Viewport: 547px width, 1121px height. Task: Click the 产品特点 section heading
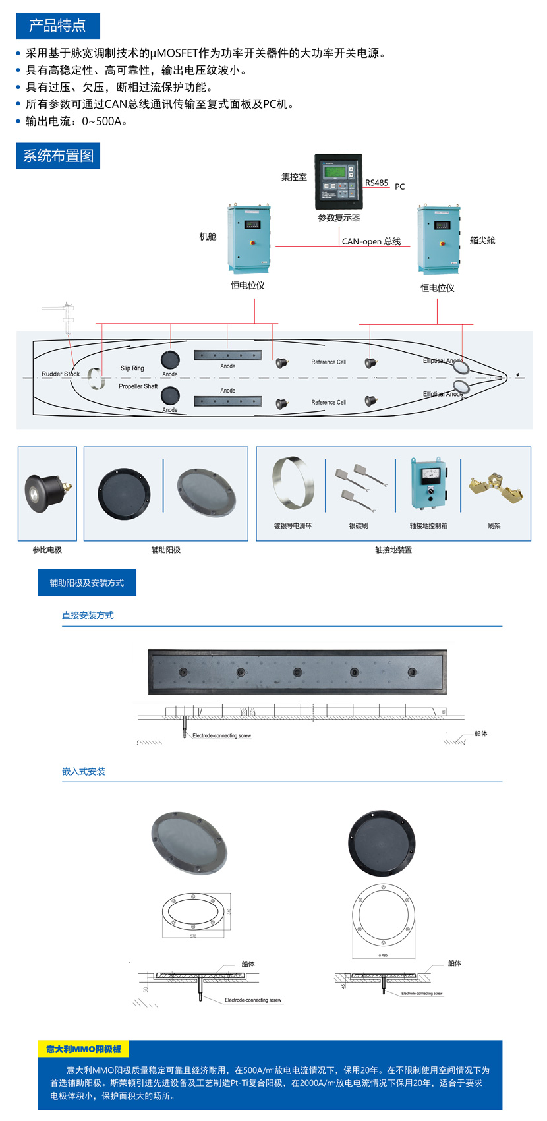pyautogui.click(x=57, y=26)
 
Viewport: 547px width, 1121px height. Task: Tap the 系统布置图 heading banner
pyautogui.click(x=58, y=156)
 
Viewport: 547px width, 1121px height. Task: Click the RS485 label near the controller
pyautogui.click(x=377, y=183)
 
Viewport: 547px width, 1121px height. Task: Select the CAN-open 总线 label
pyautogui.click(x=371, y=241)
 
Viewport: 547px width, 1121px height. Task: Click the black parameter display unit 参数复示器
pyautogui.click(x=338, y=182)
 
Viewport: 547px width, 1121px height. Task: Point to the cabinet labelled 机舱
pyautogui.click(x=248, y=239)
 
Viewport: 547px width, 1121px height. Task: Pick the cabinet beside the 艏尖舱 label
pyautogui.click(x=438, y=239)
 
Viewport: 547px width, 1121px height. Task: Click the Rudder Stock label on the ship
pyautogui.click(x=61, y=374)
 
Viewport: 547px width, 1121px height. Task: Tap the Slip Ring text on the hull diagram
pyautogui.click(x=132, y=368)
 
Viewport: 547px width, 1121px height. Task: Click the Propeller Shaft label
pyautogui.click(x=138, y=386)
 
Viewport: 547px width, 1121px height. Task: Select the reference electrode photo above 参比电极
pyautogui.click(x=46, y=492)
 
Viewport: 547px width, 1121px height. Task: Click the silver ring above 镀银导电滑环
pyautogui.click(x=293, y=484)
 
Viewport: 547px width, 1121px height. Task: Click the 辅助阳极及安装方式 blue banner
pyautogui.click(x=87, y=583)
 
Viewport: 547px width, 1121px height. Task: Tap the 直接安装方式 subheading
pyautogui.click(x=88, y=616)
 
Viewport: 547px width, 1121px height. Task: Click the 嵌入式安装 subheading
pyautogui.click(x=84, y=772)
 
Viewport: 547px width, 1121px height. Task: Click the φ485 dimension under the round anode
pyautogui.click(x=383, y=955)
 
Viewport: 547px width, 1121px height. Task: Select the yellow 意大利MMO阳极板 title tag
pyautogui.click(x=84, y=1049)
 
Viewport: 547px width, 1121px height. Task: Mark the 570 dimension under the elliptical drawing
pyautogui.click(x=193, y=936)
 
